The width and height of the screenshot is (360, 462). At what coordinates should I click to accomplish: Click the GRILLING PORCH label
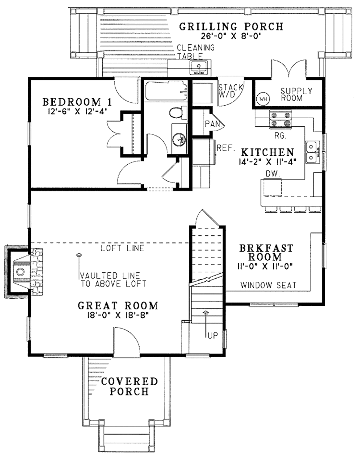231,27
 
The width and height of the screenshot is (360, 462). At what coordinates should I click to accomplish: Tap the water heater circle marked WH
263,99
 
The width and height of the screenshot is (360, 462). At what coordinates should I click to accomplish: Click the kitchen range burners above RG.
280,119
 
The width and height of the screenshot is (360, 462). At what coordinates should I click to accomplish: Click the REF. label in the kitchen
225,148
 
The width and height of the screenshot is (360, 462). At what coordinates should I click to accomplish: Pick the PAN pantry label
212,124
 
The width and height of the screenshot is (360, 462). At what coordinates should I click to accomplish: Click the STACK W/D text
231,91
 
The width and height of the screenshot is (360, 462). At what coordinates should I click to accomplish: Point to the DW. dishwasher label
272,173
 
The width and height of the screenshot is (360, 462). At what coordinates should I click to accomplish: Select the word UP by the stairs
212,336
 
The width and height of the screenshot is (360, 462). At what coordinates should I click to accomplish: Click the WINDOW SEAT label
268,285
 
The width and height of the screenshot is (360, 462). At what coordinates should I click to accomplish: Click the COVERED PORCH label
129,386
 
